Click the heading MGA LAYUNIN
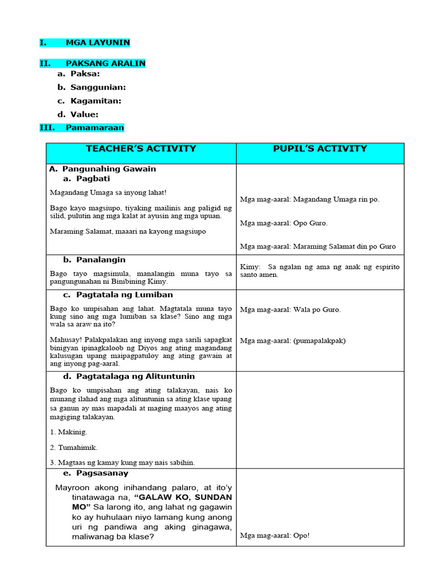point(98,43)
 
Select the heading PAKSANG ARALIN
point(106,64)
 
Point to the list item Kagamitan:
point(95,101)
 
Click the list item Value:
point(84,115)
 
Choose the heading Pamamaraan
point(94,128)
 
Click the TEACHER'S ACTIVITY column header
point(141,149)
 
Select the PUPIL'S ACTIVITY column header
point(320,149)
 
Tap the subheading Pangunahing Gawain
point(108,169)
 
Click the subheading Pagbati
point(93,179)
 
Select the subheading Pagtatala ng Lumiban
point(124,295)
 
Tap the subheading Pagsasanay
point(102,473)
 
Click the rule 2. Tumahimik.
point(74,448)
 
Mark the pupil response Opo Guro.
point(310,223)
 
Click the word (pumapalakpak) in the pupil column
point(318,341)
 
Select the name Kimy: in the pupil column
point(250,267)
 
